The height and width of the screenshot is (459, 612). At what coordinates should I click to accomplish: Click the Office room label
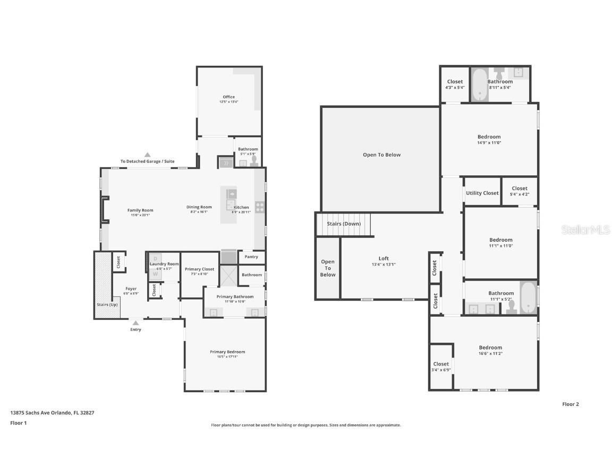click(228, 97)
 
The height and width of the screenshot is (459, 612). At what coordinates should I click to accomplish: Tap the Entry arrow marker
click(135, 323)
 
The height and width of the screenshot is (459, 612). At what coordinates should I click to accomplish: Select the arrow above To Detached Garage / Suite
click(147, 155)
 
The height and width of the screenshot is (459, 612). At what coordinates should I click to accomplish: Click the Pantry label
click(251, 257)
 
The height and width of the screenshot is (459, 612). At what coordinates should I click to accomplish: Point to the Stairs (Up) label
click(106, 304)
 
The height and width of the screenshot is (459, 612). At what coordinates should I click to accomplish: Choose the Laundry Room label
click(164, 264)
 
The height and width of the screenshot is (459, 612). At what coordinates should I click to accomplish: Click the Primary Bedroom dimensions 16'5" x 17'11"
click(227, 357)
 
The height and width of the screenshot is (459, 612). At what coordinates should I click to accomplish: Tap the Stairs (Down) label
click(343, 224)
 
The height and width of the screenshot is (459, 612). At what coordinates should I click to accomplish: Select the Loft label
click(384, 259)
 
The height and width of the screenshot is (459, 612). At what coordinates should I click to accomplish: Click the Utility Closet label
click(482, 193)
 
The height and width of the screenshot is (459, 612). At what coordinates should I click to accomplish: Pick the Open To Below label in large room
click(381, 155)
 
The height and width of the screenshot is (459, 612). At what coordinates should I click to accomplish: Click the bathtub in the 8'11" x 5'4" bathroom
click(480, 84)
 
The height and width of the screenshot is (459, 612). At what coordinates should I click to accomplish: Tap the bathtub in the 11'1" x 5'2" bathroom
click(528, 297)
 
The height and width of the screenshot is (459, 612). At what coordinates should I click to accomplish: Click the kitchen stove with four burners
click(260, 207)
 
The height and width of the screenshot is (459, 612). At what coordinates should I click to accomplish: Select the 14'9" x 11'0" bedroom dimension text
click(489, 142)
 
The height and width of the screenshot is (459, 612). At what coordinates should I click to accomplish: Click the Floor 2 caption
click(570, 404)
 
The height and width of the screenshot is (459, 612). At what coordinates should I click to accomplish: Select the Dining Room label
click(199, 207)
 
